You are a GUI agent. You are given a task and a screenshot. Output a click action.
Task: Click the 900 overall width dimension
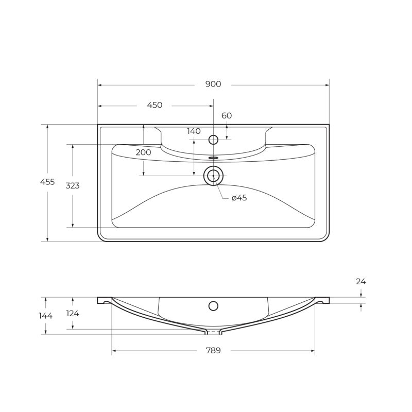(x=213, y=84)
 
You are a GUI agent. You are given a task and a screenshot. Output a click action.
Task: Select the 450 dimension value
(x=154, y=105)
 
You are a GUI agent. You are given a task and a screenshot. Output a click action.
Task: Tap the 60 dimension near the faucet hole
(x=227, y=115)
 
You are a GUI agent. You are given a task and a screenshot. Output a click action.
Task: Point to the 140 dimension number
(x=194, y=131)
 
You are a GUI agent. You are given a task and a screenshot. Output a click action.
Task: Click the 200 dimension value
(x=144, y=152)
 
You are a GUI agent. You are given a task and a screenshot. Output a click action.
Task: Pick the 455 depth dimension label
(x=47, y=182)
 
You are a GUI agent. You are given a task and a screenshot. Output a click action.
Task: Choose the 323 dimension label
(x=73, y=185)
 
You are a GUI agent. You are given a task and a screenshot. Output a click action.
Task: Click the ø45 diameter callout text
(x=239, y=198)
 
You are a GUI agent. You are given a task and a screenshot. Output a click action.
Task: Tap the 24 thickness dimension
(x=360, y=281)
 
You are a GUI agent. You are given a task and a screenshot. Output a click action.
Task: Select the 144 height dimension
(x=46, y=316)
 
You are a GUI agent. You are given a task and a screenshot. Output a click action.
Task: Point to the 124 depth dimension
(x=73, y=313)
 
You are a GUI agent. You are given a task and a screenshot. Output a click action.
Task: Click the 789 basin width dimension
(x=213, y=351)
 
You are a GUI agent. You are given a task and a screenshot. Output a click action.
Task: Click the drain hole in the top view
(x=213, y=176)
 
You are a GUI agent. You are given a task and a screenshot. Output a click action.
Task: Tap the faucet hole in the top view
(x=213, y=139)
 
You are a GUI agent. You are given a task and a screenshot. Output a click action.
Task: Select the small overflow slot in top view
(x=213, y=158)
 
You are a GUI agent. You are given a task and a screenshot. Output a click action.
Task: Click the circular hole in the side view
(x=213, y=306)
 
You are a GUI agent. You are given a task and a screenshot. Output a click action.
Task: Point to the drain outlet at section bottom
(x=213, y=331)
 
